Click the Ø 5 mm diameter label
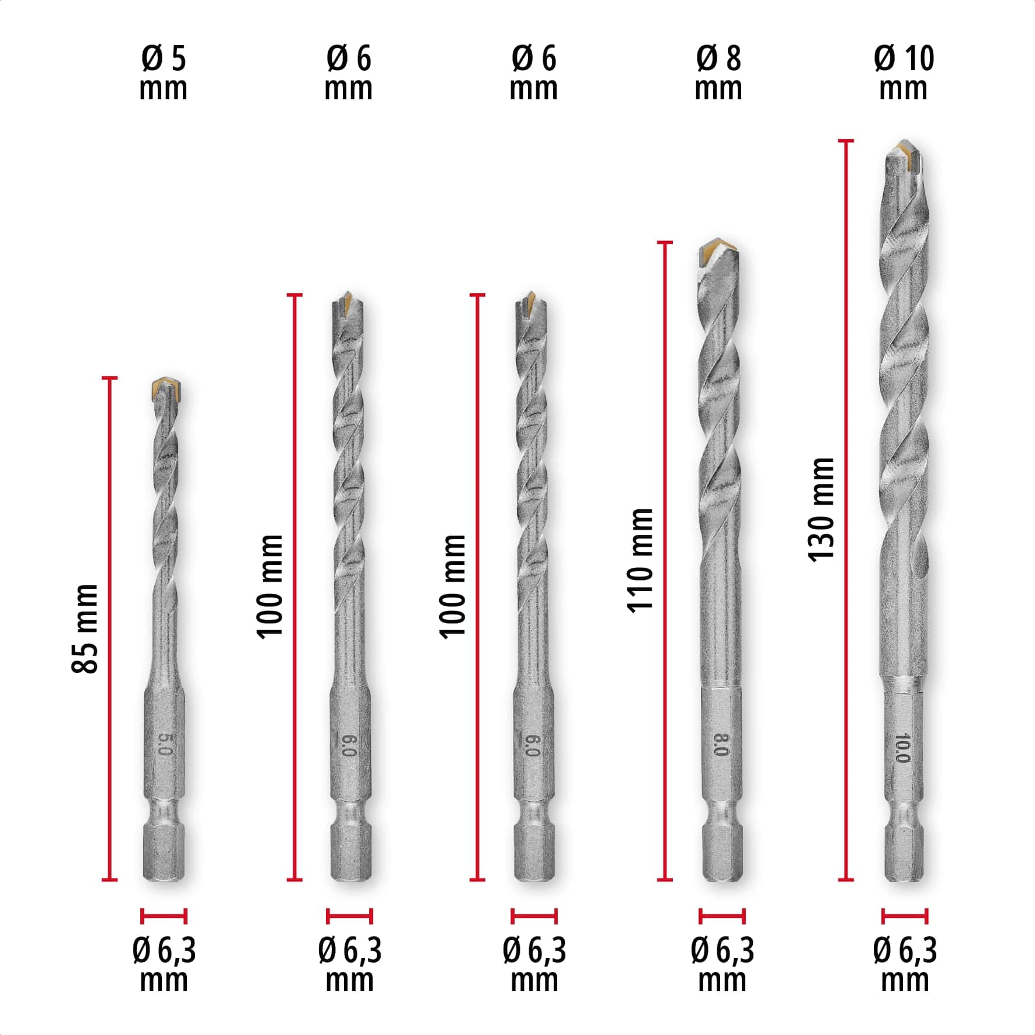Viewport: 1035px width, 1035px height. coord(163,74)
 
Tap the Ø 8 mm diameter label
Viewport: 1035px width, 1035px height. coord(718,74)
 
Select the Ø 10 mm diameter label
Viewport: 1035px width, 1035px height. coord(904,74)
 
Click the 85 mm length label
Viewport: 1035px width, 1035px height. coord(85,628)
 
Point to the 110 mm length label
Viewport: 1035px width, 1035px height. coord(640,561)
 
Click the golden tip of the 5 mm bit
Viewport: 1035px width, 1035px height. coord(164,387)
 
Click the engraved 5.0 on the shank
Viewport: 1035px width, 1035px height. coord(165,744)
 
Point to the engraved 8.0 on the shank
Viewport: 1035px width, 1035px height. coord(721,745)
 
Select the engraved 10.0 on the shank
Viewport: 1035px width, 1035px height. coord(902,748)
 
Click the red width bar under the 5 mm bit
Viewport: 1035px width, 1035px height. coord(164,916)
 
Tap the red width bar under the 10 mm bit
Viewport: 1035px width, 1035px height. coord(904,916)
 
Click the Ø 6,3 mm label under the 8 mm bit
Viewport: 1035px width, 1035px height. coord(722,964)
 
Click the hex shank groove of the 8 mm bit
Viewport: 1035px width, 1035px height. coord(722,813)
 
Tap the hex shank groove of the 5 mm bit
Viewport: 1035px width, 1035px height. coord(165,814)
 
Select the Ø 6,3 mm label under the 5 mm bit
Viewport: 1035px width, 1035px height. coord(164,964)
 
